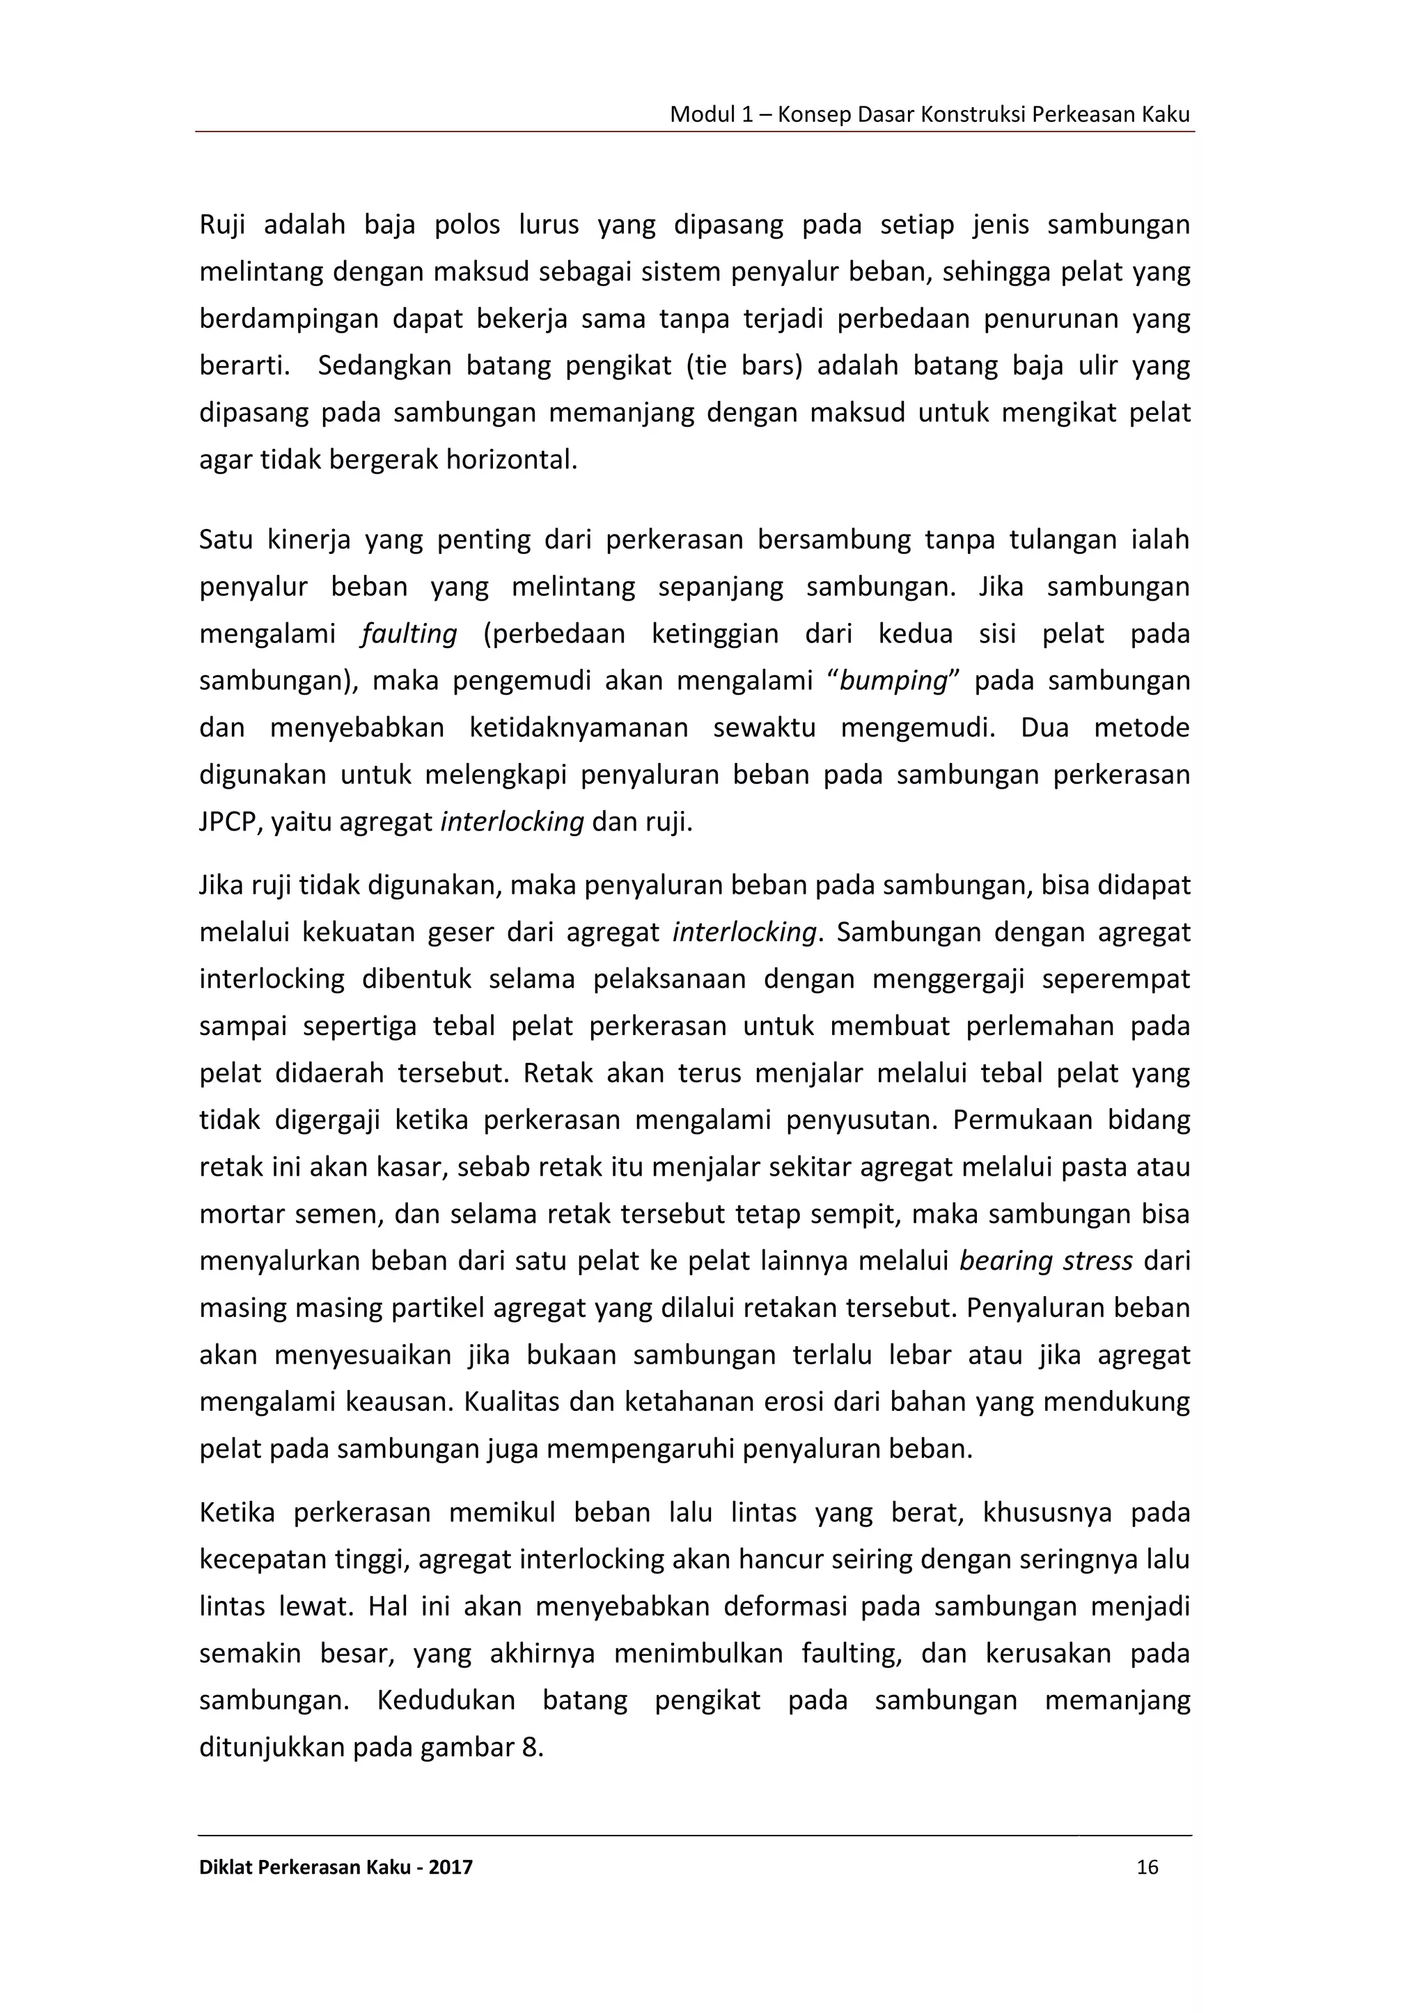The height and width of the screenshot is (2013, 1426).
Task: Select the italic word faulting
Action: tap(409, 634)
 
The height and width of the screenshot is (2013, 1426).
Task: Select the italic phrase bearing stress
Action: tap(1046, 1261)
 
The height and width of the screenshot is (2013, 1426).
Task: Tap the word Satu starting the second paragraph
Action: tap(226, 539)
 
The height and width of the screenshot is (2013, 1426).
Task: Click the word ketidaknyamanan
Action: tap(579, 729)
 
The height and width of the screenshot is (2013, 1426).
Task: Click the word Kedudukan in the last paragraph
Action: tap(446, 1700)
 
